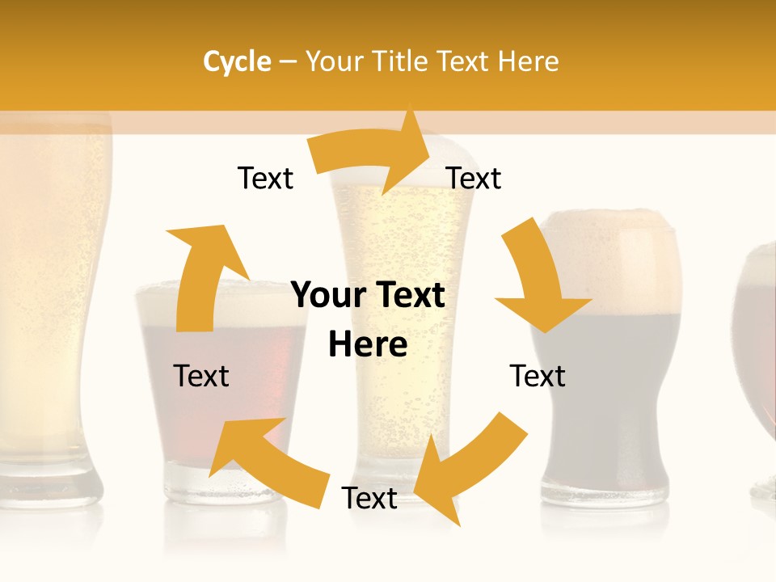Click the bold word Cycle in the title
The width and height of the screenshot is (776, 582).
pos(237,61)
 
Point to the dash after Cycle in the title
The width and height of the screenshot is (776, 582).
pos(288,61)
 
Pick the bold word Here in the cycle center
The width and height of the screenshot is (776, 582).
pos(368,345)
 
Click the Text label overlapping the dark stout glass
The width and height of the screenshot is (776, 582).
pos(538,377)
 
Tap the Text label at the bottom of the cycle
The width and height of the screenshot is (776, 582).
pos(369,499)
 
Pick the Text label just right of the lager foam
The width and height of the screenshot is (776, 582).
pos(474,178)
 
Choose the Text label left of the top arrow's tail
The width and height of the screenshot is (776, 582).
pos(265,178)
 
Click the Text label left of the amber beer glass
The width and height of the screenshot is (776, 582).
pos(201,377)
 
